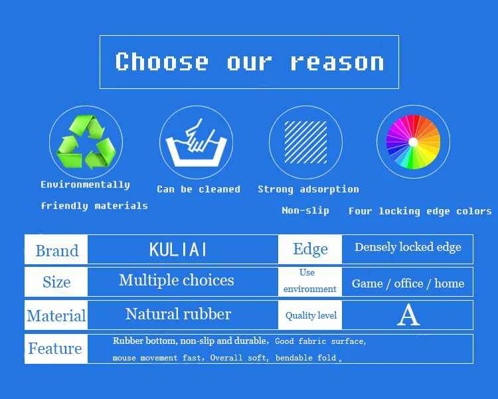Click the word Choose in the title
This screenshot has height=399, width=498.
coord(162,61)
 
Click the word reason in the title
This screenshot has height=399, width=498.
coord(337,62)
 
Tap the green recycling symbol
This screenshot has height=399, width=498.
coord(86,142)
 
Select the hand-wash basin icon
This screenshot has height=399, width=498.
coord(197,143)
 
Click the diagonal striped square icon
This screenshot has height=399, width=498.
coord(305,142)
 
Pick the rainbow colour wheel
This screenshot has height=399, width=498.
coord(413,141)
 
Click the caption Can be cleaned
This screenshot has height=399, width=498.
coord(199,189)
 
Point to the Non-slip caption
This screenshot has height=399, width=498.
coord(305,210)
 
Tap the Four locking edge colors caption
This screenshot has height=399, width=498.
coord(420,211)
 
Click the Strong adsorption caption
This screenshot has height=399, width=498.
coord(308,190)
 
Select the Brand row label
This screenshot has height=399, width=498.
coord(57,251)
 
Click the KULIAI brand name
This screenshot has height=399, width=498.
coord(178,250)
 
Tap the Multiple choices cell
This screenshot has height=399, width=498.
coord(177,281)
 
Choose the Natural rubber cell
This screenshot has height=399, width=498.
coord(178,314)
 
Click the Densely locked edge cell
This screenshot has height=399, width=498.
coord(408,248)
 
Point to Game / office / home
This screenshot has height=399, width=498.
coord(408,283)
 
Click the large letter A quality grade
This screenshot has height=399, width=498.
coord(408,315)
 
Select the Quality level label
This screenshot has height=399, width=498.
coord(311,315)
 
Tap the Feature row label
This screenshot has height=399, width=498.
coord(55,349)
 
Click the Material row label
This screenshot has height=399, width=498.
coord(56,316)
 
